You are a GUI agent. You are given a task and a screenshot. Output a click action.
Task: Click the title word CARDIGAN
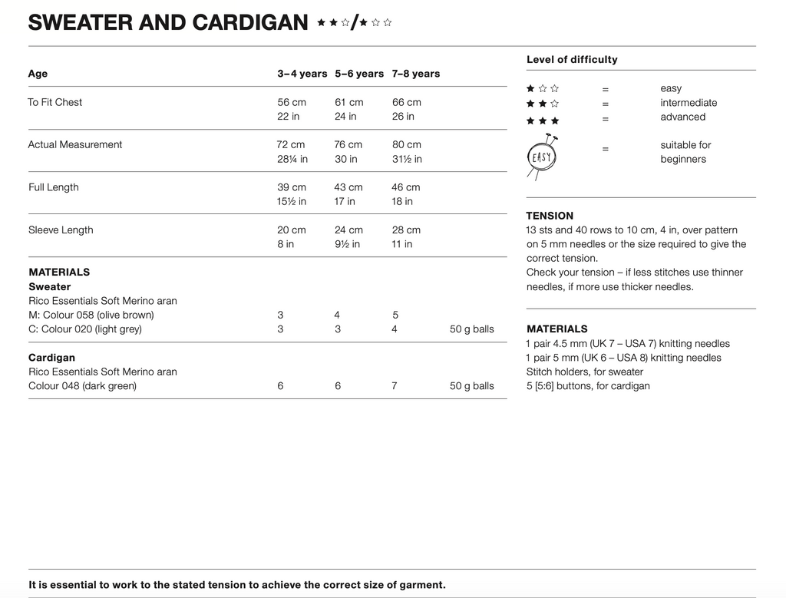[250, 23]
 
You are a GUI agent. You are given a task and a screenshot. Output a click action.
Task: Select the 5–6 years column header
[358, 74]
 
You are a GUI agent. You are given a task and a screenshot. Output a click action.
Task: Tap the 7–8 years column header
[416, 74]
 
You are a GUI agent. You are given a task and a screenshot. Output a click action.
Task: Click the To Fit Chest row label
[55, 102]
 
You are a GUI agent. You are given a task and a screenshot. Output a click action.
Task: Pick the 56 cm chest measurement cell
[292, 102]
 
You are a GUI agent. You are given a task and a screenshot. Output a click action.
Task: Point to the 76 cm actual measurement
[349, 144]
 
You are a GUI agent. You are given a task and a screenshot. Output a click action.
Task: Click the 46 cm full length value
[406, 187]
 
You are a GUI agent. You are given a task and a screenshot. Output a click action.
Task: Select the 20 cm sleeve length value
[292, 230]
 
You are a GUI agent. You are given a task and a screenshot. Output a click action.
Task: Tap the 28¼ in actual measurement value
[292, 159]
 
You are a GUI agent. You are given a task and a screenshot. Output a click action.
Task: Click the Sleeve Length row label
[61, 230]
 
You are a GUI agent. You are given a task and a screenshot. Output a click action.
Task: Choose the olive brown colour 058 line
[91, 315]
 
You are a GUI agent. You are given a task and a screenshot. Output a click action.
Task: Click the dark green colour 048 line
[82, 385]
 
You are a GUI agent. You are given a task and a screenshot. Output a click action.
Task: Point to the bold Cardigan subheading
[51, 358]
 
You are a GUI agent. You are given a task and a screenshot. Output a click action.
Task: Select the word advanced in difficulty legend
[682, 117]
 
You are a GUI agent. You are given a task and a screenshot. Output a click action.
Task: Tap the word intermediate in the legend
[689, 103]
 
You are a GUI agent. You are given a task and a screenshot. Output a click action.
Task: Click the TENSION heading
[550, 216]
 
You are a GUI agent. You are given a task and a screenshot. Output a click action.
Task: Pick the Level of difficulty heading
[572, 59]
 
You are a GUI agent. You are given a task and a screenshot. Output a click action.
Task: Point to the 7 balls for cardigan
[395, 385]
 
